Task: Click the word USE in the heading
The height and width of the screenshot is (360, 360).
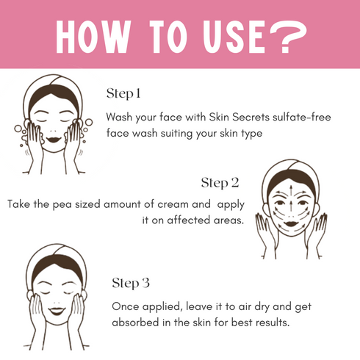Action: [x=233, y=35]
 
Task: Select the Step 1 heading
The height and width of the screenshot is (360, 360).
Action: [x=123, y=93]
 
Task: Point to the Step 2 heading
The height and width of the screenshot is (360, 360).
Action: [x=220, y=182]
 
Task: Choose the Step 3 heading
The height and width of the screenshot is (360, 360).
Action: [x=132, y=283]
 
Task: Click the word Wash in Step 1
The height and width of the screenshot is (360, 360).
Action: [x=120, y=118]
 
